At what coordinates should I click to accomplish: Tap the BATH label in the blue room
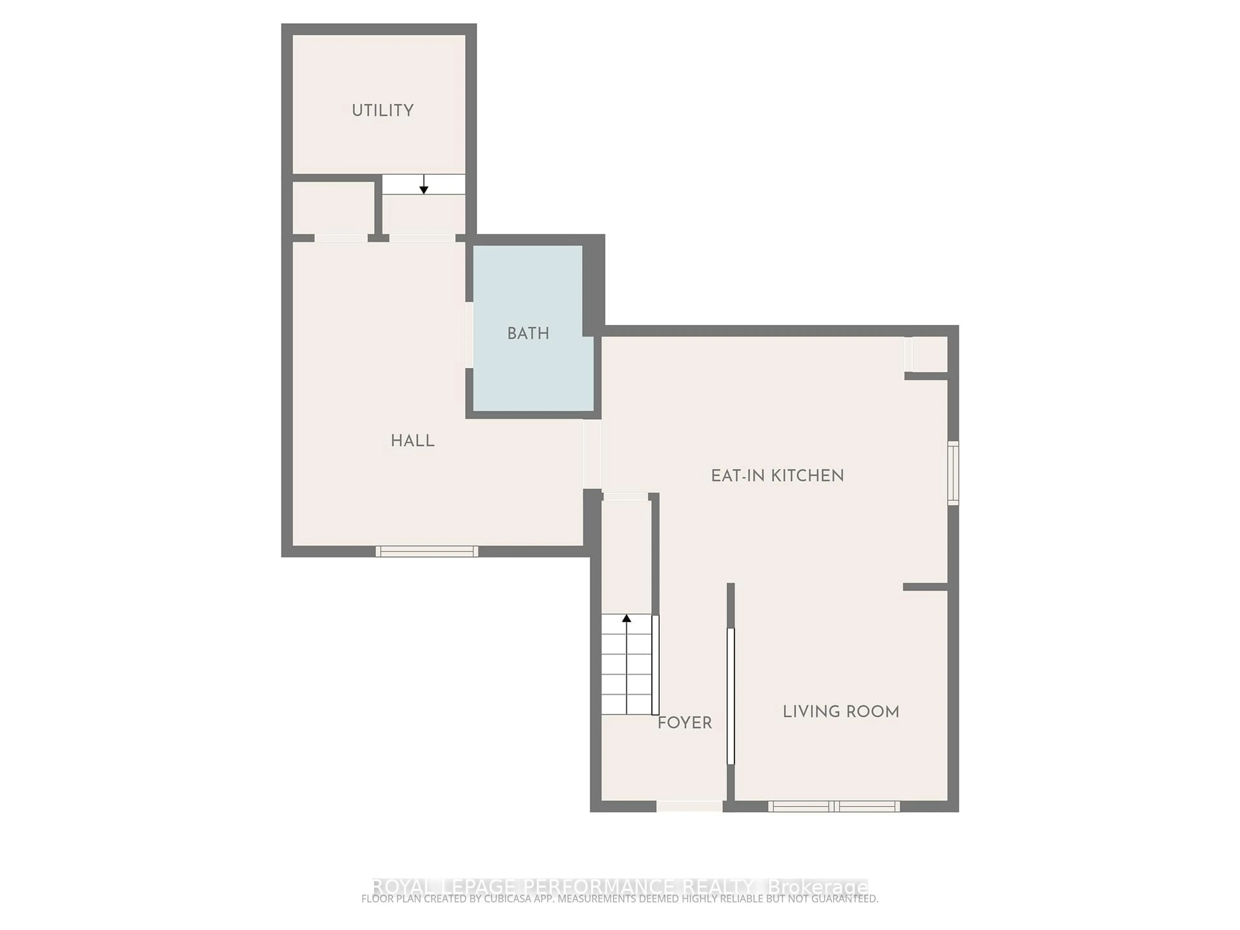pyautogui.click(x=528, y=334)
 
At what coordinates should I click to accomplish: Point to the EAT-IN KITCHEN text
pyautogui.click(x=777, y=476)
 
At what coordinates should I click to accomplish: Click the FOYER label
pyautogui.click(x=685, y=723)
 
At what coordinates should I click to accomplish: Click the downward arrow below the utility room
pyautogui.click(x=424, y=185)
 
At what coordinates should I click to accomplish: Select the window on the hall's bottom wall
pyautogui.click(x=427, y=552)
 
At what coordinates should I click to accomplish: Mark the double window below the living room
pyautogui.click(x=833, y=806)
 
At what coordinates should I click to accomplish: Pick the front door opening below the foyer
pyautogui.click(x=689, y=806)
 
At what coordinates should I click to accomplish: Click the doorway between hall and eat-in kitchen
pyautogui.click(x=592, y=454)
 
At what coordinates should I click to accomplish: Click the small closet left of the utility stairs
pyautogui.click(x=334, y=207)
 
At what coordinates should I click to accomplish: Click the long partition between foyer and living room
pyautogui.click(x=730, y=695)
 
